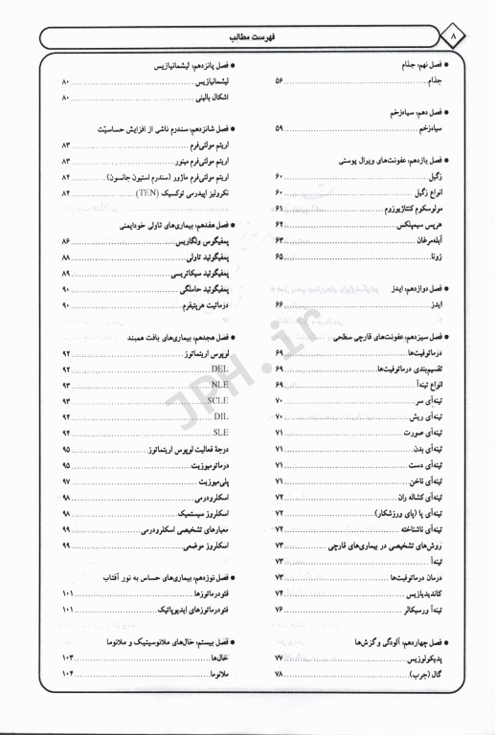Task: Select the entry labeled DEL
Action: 218,369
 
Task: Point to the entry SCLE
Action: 216,402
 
